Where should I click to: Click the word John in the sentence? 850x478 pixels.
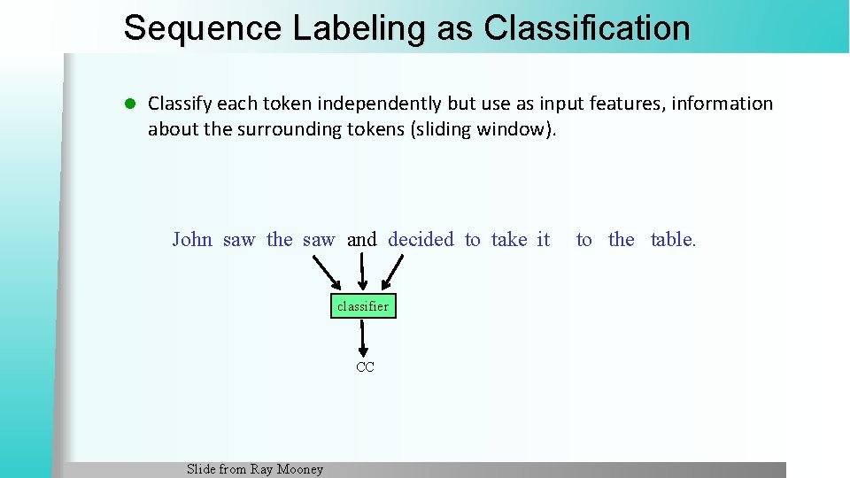(x=192, y=239)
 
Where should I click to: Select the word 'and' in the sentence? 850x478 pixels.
(x=361, y=239)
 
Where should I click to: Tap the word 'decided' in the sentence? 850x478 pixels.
(x=421, y=239)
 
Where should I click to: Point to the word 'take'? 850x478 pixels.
(x=508, y=239)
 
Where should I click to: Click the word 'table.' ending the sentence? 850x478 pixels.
(x=673, y=239)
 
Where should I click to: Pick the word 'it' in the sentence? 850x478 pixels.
(x=544, y=239)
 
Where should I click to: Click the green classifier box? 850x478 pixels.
(x=363, y=306)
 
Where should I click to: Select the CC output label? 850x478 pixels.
(x=365, y=366)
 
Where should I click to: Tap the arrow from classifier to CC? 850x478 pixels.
(x=363, y=337)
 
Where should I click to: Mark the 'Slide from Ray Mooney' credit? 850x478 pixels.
(x=255, y=469)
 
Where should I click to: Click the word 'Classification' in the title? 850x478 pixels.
(x=587, y=27)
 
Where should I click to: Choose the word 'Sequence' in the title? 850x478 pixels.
(x=203, y=27)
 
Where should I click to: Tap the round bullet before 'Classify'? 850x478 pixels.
(x=129, y=104)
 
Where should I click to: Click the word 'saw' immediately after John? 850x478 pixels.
(x=239, y=239)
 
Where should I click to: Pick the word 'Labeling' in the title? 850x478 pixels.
(x=359, y=27)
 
